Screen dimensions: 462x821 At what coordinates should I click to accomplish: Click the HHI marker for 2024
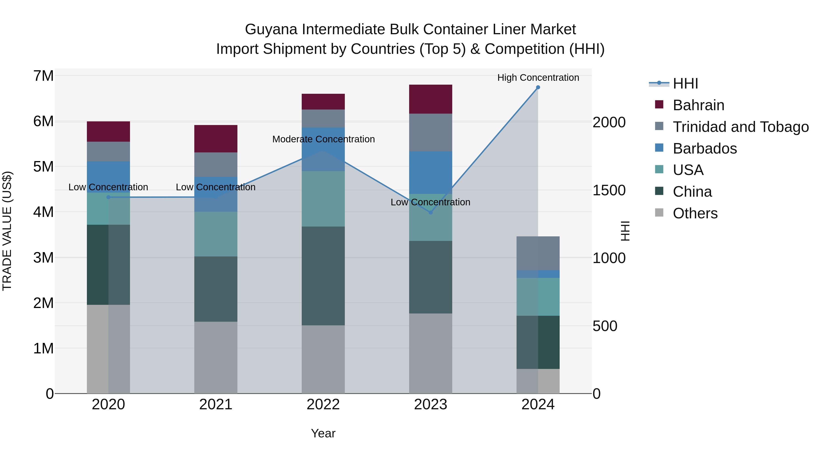538,87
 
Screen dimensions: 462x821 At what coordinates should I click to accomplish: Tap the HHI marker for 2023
430,212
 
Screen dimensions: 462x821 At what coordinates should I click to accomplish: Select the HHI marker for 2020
108,197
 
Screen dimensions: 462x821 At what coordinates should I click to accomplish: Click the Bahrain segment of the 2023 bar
430,99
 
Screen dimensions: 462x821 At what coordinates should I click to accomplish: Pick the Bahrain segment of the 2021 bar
216,139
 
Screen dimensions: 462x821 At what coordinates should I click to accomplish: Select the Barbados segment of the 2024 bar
538,274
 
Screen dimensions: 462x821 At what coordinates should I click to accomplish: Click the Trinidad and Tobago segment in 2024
538,253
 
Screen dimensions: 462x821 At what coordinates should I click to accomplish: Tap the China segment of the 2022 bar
323,276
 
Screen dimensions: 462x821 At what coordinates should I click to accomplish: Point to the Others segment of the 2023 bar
430,353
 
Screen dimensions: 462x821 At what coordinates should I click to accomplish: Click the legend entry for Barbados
704,149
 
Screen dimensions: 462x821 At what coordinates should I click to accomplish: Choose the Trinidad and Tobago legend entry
740,127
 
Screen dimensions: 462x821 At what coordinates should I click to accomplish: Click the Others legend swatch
659,213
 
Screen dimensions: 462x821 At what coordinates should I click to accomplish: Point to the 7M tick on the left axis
43,76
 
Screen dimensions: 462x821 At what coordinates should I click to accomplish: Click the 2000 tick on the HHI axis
609,123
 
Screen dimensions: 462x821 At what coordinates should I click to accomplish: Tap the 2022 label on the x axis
323,405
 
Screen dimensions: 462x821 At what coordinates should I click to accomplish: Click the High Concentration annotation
538,78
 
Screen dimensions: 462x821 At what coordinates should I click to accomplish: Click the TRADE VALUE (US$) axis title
7,231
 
